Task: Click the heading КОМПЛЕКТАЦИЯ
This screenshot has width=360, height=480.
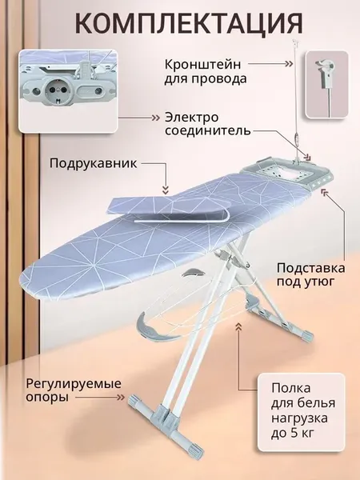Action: click(189, 24)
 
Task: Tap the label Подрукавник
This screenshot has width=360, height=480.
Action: click(94, 163)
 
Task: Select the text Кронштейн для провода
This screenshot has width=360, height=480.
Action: click(206, 72)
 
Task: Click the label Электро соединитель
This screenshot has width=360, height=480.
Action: click(207, 124)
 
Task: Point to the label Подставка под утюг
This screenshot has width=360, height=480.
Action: click(310, 274)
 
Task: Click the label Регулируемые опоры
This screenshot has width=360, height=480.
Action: click(74, 390)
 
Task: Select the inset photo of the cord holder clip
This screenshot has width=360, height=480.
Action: click(326, 84)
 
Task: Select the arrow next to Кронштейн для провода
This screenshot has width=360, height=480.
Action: click(270, 64)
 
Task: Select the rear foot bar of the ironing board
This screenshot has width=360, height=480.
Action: click(281, 322)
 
